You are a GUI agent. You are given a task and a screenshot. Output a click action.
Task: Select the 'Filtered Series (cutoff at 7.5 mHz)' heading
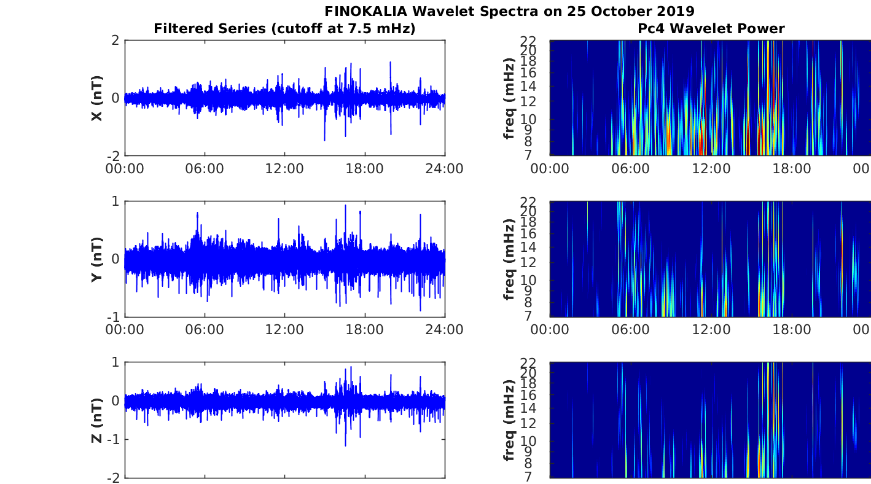(x=284, y=28)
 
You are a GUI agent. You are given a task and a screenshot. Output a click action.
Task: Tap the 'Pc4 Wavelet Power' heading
(x=711, y=28)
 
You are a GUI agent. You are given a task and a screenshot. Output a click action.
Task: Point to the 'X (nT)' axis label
(x=96, y=98)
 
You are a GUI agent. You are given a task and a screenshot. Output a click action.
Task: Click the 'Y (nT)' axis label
(x=96, y=259)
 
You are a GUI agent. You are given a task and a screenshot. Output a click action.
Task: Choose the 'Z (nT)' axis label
(x=96, y=420)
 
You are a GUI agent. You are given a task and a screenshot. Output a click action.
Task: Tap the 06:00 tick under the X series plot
(x=205, y=168)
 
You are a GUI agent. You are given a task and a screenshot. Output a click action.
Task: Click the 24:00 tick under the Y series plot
(x=444, y=329)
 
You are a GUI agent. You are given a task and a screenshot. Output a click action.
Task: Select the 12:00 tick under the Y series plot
(x=284, y=329)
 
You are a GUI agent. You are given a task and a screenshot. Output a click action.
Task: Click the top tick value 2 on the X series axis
(x=114, y=41)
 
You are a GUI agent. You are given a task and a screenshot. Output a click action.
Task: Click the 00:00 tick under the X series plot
(x=125, y=168)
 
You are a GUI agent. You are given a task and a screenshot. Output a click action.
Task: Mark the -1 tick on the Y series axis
(x=112, y=317)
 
